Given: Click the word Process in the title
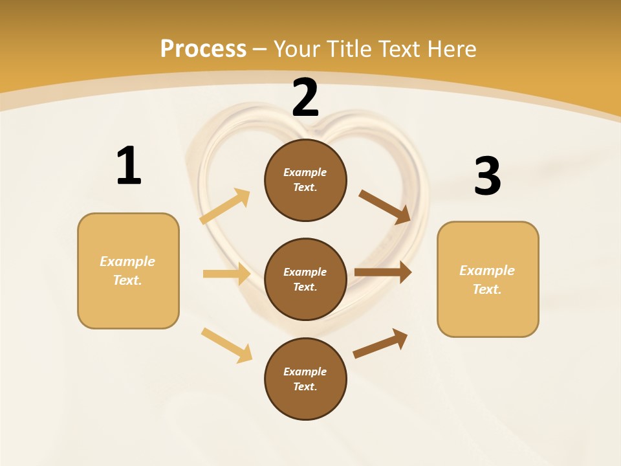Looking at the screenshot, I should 203,49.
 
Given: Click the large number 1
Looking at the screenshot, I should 128,166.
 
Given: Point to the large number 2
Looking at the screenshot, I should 305,98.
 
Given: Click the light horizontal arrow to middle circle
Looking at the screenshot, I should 226,274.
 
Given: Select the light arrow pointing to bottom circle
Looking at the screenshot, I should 227,345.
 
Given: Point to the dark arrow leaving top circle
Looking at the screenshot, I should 385,207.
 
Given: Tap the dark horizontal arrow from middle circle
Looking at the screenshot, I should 383,272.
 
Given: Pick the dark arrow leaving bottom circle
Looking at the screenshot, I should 380,343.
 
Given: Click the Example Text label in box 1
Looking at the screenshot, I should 127,271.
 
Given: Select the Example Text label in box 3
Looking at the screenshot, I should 487,280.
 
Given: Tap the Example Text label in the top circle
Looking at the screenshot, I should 305,180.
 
